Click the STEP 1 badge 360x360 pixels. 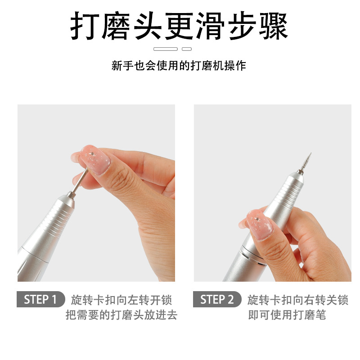(x=40, y=299)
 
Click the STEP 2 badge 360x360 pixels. (x=217, y=299)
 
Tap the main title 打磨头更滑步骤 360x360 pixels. (x=179, y=26)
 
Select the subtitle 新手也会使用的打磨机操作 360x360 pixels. (x=179, y=66)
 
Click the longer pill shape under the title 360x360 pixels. (x=166, y=49)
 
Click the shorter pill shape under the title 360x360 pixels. (x=187, y=49)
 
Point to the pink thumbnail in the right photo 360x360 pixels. (x=260, y=225)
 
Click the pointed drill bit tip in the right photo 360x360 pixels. (x=311, y=153)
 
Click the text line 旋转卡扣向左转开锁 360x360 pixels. (x=121, y=300)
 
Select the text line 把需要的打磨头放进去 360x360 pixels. (x=121, y=315)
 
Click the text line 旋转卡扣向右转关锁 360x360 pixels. (x=298, y=300)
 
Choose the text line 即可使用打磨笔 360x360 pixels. (x=287, y=315)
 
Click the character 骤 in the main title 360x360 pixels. (x=274, y=26)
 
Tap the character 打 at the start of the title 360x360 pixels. (x=85, y=26)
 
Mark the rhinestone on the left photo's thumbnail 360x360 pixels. (x=92, y=153)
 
